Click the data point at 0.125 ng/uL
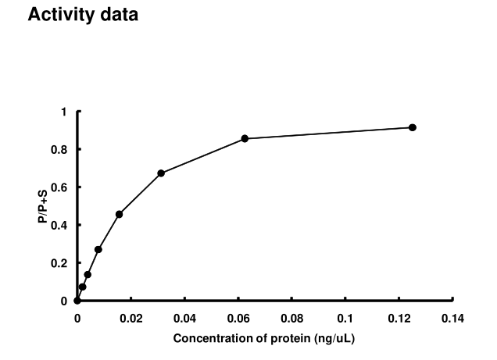pyautogui.click(x=413, y=127)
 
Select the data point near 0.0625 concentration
pyautogui.click(x=245, y=138)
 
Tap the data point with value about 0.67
pyautogui.click(x=161, y=173)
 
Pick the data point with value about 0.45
pyautogui.click(x=119, y=214)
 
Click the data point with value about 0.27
pyautogui.click(x=98, y=249)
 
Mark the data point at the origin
pyautogui.click(x=77, y=301)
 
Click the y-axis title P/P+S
pyautogui.click(x=44, y=206)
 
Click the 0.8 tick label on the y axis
pyautogui.click(x=59, y=149)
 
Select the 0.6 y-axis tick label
pyautogui.click(x=59, y=187)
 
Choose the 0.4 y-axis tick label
pyautogui.click(x=59, y=225)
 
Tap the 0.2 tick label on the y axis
pyautogui.click(x=59, y=263)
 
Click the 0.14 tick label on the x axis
pyautogui.click(x=452, y=318)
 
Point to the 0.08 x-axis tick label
pyautogui.click(x=291, y=318)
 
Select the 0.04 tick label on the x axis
pyautogui.click(x=184, y=318)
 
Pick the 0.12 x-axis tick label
pyautogui.click(x=399, y=318)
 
